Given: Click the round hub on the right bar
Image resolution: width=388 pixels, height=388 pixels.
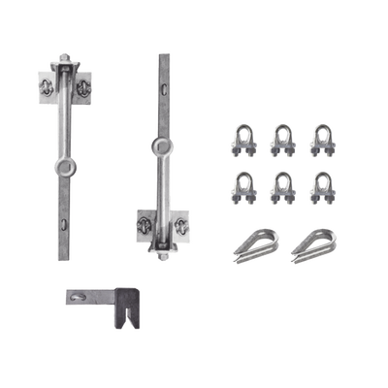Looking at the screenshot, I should click(159, 147).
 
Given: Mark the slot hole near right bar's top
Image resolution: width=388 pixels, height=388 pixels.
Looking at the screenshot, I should click(164, 89).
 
